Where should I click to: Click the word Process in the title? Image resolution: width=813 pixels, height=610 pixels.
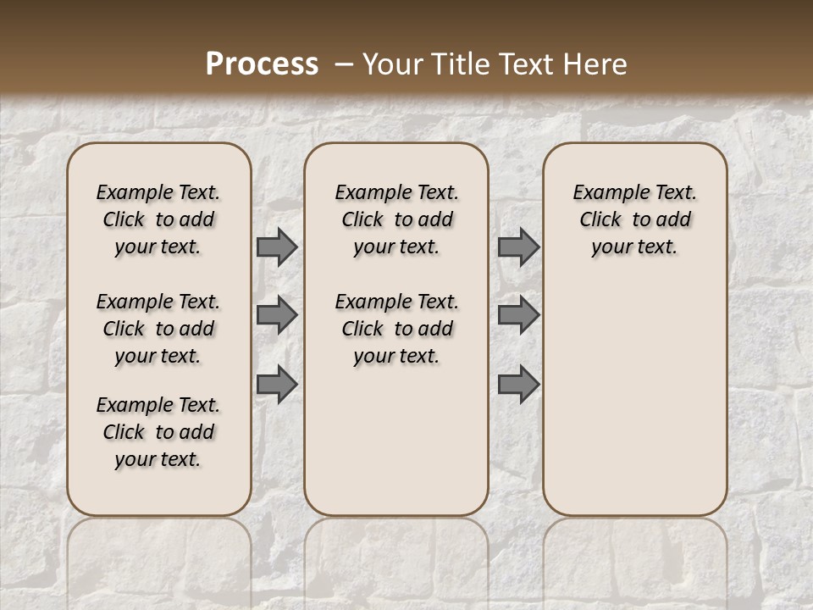tap(262, 64)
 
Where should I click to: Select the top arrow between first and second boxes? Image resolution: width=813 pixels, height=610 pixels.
tap(277, 247)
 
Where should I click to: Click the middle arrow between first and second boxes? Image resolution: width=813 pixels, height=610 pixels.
tap(277, 315)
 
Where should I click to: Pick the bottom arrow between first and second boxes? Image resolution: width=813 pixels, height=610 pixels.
tap(277, 384)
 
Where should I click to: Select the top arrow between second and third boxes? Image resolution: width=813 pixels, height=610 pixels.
tap(518, 247)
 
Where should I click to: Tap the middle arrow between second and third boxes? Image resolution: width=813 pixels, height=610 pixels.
tap(518, 315)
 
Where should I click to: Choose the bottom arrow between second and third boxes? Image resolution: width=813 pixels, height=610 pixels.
tap(518, 384)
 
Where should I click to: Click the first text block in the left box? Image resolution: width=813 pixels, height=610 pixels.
tap(158, 219)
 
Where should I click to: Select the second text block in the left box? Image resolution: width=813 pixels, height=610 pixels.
tap(158, 329)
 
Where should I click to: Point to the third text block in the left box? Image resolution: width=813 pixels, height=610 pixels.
tap(158, 432)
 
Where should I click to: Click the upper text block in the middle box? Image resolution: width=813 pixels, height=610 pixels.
tap(396, 219)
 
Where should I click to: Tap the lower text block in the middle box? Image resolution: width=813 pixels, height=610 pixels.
tap(396, 329)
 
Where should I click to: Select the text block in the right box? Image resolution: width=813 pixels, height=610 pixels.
tap(634, 219)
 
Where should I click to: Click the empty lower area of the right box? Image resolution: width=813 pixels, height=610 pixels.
tap(634, 407)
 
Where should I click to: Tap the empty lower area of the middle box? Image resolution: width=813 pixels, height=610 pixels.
tap(396, 441)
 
